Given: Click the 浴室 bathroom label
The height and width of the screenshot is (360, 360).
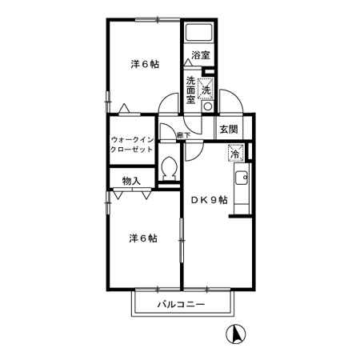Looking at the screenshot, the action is point(201,55).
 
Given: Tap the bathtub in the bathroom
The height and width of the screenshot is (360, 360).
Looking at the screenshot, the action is point(199,32).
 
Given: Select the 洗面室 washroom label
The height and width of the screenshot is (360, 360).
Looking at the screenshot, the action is point(190,90).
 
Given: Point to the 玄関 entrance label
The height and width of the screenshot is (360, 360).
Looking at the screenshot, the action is point(229,130).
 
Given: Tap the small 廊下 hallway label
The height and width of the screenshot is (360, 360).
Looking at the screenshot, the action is point(184,135).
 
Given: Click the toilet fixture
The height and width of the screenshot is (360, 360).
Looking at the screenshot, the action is point(169,169).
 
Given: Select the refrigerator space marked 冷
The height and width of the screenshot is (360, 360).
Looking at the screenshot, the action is point(236,153).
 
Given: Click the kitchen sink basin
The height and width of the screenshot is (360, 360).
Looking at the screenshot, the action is point(242,178).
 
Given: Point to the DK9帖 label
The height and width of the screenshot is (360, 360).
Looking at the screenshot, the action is point(210,200).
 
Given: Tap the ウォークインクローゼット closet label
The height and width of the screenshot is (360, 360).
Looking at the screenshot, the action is point(132,144).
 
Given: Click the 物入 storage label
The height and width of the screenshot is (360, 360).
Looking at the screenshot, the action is point(131,181).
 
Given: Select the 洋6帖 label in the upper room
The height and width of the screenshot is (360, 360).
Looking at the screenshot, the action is point(145,64).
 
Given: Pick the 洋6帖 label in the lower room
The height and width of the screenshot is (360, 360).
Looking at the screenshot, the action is point(143,238).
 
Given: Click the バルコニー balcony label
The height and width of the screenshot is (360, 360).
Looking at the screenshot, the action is point(181,304).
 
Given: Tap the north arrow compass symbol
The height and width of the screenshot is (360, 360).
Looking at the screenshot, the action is point(236,334).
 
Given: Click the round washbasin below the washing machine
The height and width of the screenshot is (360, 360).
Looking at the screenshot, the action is point(208,107).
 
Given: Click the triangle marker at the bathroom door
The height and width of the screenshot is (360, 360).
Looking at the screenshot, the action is point(188,62).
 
